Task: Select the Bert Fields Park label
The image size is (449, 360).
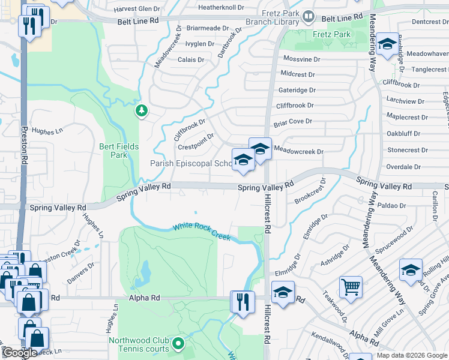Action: tap(119, 151)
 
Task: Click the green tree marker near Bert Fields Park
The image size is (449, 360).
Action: tap(141, 110)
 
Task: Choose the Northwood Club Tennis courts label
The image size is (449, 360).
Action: tap(138, 345)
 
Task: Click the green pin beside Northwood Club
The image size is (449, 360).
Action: tap(178, 344)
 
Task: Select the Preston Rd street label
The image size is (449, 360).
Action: tap(25, 144)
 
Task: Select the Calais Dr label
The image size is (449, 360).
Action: tap(191, 59)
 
